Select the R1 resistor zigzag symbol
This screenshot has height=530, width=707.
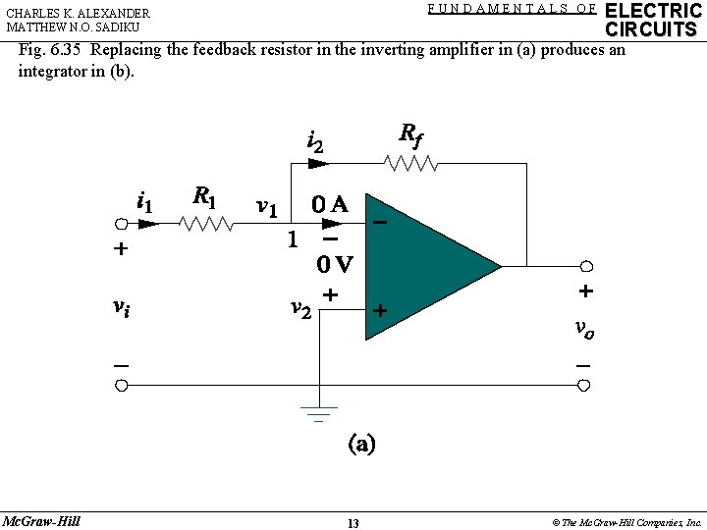click(x=207, y=225)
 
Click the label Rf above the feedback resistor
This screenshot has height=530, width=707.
click(x=410, y=135)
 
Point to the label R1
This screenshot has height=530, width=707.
click(x=204, y=196)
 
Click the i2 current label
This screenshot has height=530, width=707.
click(x=315, y=144)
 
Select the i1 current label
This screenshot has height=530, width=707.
click(x=143, y=203)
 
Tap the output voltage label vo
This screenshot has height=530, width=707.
click(x=584, y=329)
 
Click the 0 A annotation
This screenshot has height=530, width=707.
click(x=328, y=205)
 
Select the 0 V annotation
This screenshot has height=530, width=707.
click(x=334, y=264)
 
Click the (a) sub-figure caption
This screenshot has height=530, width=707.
click(x=359, y=444)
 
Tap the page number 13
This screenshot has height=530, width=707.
click(x=353, y=523)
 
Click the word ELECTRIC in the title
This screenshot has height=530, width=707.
click(x=653, y=10)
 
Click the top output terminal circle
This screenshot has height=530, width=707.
click(x=586, y=266)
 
